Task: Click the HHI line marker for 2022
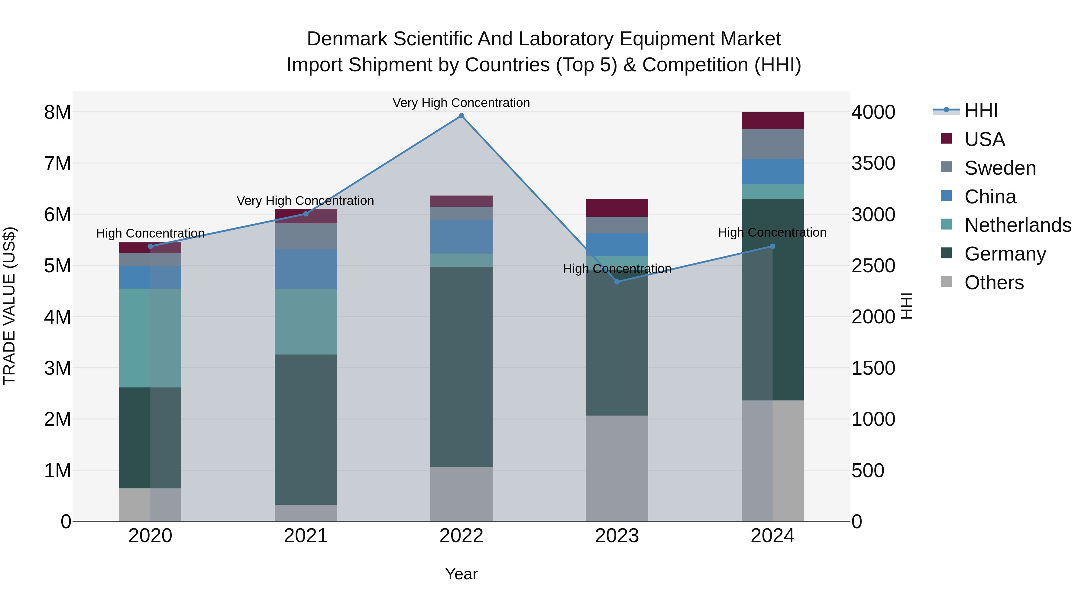pyautogui.click(x=461, y=116)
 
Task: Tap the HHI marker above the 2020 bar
pyautogui.click(x=151, y=247)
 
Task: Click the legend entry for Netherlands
pyautogui.click(x=1018, y=225)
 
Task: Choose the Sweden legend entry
pyautogui.click(x=1000, y=168)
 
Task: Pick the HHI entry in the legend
pyautogui.click(x=981, y=111)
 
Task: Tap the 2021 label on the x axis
pyautogui.click(x=306, y=536)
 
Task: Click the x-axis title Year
pyautogui.click(x=461, y=574)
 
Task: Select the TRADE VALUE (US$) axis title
pyautogui.click(x=9, y=306)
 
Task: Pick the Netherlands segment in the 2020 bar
pyautogui.click(x=151, y=338)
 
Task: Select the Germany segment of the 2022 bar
pyautogui.click(x=461, y=367)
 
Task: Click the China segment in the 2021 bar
pyautogui.click(x=306, y=269)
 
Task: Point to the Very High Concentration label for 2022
pyautogui.click(x=461, y=103)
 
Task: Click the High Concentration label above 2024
pyautogui.click(x=772, y=232)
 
